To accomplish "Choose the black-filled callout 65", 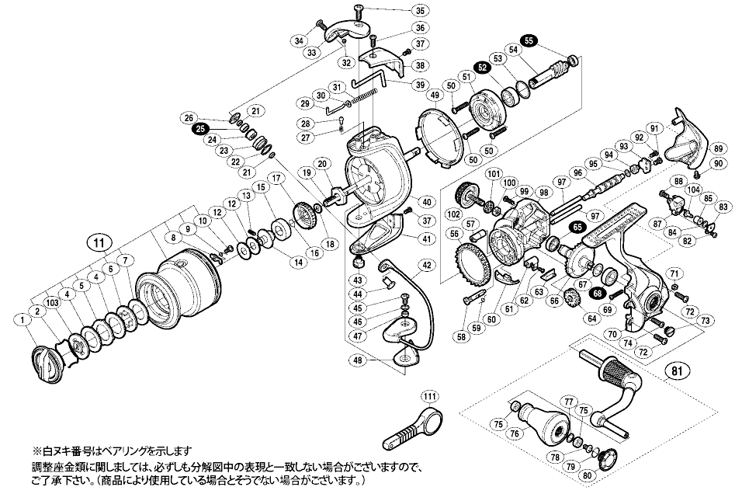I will (x=577, y=226).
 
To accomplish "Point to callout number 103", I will (x=52, y=301).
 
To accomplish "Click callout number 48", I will (x=358, y=360).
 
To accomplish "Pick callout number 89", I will (x=718, y=148).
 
